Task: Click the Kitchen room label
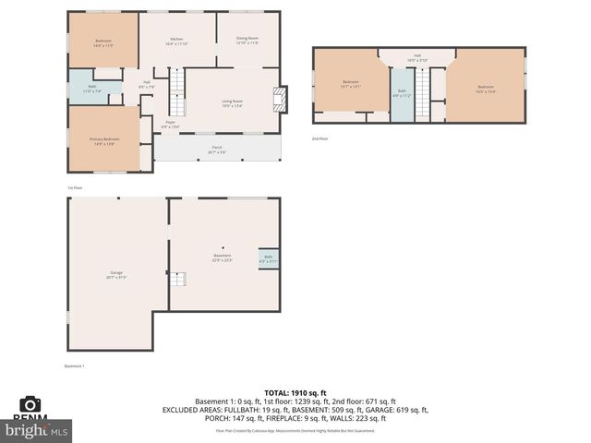click(175, 41)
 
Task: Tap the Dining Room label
click(247, 41)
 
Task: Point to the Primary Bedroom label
click(102, 141)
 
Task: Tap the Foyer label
click(171, 124)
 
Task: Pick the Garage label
click(116, 274)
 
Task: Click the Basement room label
click(222, 258)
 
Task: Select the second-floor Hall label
click(417, 58)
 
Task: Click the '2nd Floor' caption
click(320, 138)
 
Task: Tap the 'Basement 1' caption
click(74, 366)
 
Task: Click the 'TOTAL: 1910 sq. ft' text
click(295, 392)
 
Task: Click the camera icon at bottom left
click(30, 404)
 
